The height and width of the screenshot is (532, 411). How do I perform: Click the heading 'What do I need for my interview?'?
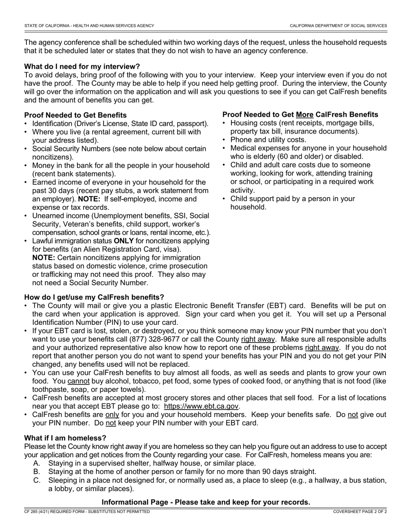pyautogui.click(x=82, y=67)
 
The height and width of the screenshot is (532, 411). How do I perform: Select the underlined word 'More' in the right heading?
pyautogui.click(x=305, y=115)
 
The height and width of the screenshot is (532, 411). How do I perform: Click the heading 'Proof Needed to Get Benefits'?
pyautogui.click(x=75, y=115)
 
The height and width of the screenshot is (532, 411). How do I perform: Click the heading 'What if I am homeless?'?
pyautogui.click(x=65, y=438)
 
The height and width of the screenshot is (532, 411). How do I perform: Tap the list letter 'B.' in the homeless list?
pyautogui.click(x=37, y=471)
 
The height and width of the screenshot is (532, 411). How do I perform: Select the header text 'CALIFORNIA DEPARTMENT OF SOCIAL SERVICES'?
pyautogui.click(x=338, y=26)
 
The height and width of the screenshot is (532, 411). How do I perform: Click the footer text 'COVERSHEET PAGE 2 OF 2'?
pyautogui.click(x=360, y=512)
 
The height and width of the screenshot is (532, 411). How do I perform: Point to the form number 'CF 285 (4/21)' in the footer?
pyautogui.click(x=39, y=512)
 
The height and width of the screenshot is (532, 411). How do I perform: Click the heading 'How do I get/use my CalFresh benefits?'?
pyautogui.click(x=94, y=297)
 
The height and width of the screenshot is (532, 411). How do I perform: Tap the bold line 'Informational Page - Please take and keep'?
pyautogui.click(x=205, y=502)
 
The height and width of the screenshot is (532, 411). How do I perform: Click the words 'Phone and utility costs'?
pyautogui.click(x=268, y=140)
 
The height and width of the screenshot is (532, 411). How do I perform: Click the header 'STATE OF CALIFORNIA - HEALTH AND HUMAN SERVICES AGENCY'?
pyautogui.click(x=89, y=26)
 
